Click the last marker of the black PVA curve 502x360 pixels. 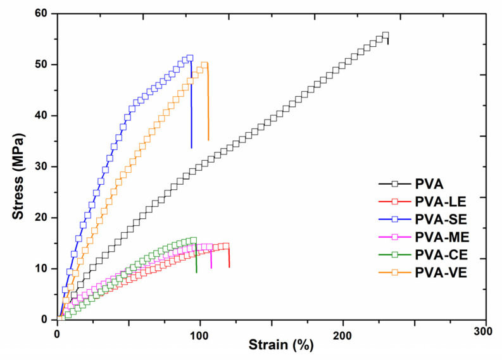coord(386,35)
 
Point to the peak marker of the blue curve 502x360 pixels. coord(189,58)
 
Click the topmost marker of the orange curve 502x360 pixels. coord(204,65)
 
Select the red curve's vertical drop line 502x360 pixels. coord(229,257)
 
